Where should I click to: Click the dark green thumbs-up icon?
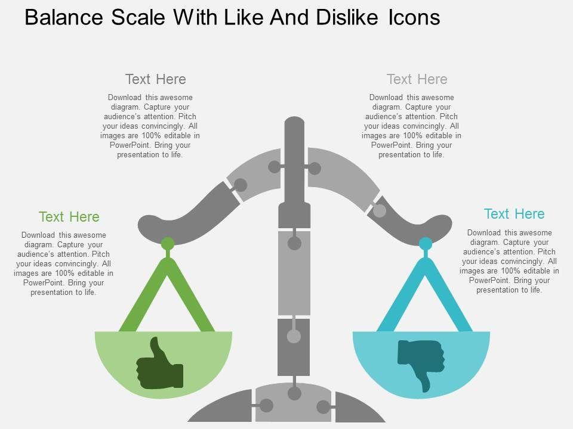tap(160, 365)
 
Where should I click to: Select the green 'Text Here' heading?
tap(69, 217)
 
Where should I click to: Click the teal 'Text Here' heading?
tap(514, 214)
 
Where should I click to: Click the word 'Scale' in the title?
tap(138, 17)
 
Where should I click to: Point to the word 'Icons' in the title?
tap(414, 17)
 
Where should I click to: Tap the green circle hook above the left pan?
tap(168, 244)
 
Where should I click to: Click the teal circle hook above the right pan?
tap(426, 244)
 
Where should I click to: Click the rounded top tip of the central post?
tap(294, 121)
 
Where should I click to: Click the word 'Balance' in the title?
tap(64, 17)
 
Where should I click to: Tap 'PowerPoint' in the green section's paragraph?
tap(43, 282)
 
